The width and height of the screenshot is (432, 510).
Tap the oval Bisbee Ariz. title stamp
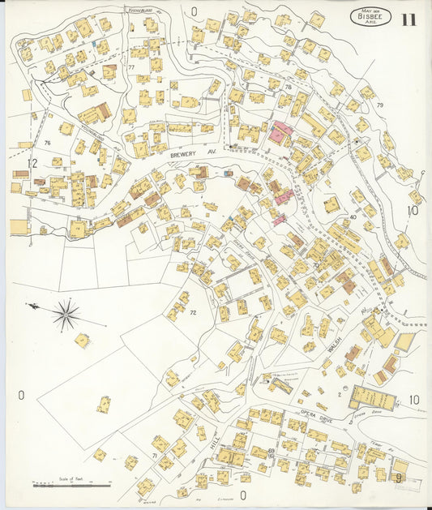point(370,16)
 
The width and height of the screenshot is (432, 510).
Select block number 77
point(130,67)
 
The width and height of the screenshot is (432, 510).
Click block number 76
point(48,143)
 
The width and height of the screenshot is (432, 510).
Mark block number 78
point(287,87)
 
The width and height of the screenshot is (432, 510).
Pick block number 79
point(379,105)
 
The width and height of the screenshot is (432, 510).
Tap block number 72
point(193,311)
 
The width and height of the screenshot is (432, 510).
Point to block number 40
point(353,217)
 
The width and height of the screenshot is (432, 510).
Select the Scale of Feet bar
point(71,486)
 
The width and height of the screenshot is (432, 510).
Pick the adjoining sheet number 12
point(32,164)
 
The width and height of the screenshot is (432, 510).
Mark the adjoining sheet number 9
point(399,478)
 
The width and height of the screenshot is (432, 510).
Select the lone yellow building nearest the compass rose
point(82,340)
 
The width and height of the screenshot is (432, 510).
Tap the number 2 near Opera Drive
point(340,394)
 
